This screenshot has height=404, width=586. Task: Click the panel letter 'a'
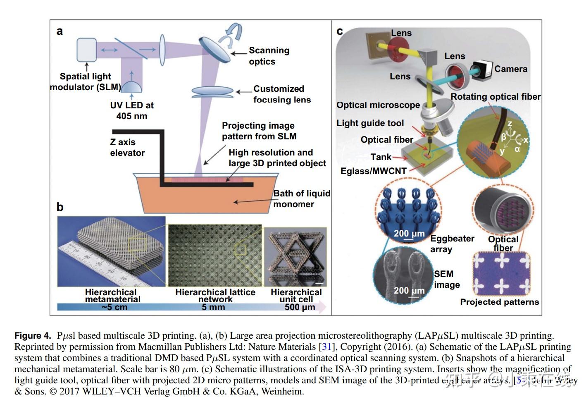coord(60,31)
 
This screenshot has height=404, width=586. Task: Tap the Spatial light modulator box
coord(86,50)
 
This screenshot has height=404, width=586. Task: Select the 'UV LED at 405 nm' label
coord(131,110)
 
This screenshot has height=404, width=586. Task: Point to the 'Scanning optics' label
coord(269,56)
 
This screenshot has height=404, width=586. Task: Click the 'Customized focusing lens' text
coord(281,94)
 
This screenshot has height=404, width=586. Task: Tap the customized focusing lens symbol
coord(212,92)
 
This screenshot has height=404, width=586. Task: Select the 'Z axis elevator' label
coord(127,148)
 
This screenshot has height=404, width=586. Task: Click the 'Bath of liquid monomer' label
coord(301,199)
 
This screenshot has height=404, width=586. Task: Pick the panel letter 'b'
coord(60,207)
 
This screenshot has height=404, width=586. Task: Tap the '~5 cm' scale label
coord(114,307)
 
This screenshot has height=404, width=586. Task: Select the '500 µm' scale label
coord(300,307)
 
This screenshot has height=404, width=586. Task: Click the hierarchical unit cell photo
coord(295,256)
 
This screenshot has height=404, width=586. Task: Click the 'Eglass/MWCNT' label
coord(373,171)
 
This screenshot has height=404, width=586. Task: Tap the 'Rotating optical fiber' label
coord(495,97)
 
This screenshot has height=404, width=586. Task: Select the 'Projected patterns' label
coord(499,302)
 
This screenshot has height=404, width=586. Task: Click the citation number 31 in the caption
coord(326,347)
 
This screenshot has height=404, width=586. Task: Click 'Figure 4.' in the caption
coord(33,336)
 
